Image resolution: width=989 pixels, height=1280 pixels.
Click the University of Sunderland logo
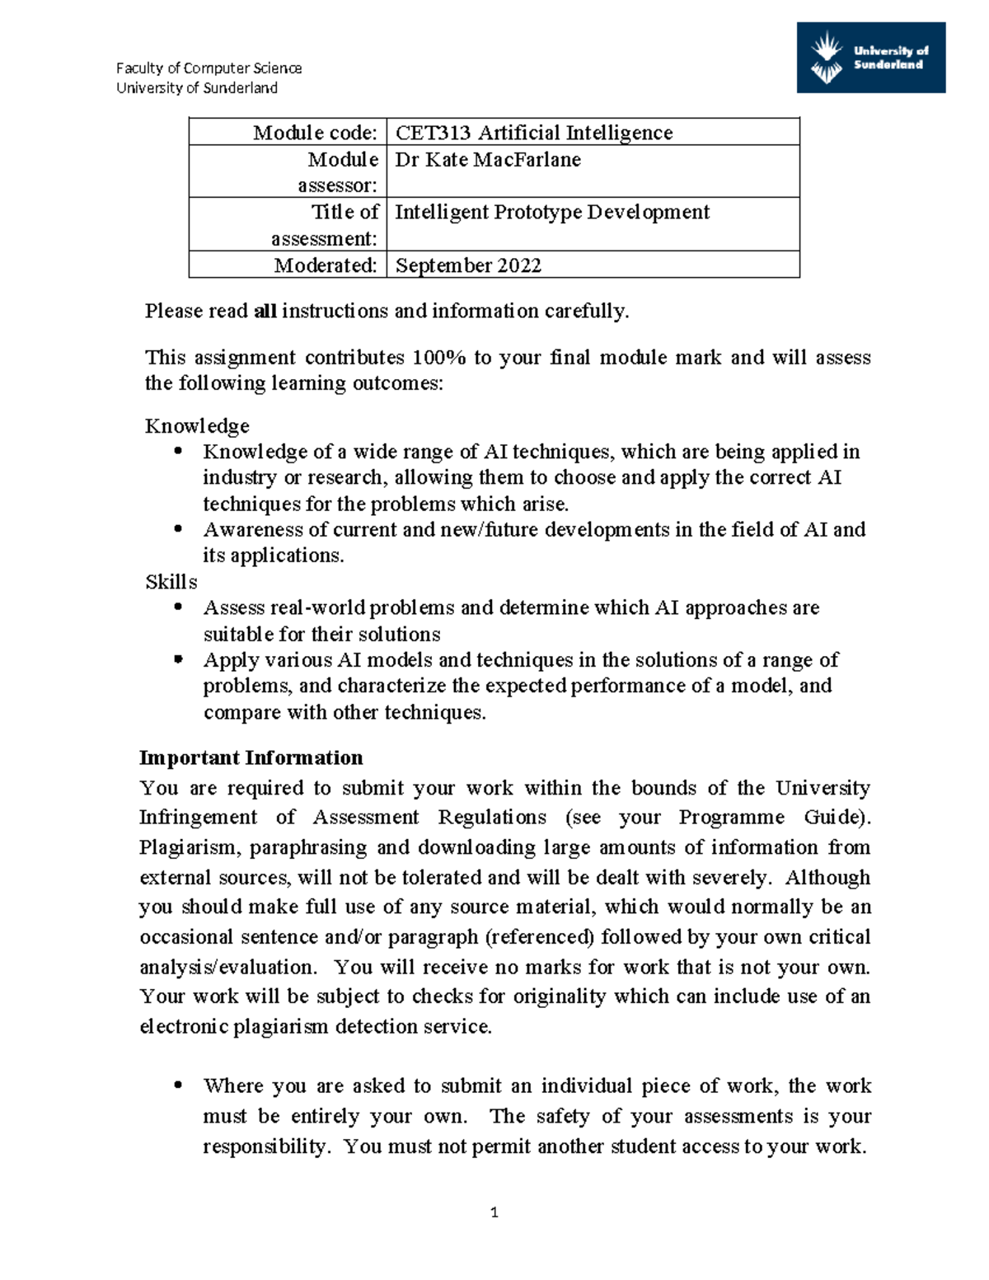(x=870, y=58)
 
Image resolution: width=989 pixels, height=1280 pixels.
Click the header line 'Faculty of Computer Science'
(x=209, y=68)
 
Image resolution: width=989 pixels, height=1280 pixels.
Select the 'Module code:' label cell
(x=288, y=133)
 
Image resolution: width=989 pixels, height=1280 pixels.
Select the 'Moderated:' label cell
(x=288, y=265)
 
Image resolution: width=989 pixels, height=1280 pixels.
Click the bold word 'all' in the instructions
(x=265, y=312)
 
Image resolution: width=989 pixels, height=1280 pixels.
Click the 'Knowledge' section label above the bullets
(x=197, y=426)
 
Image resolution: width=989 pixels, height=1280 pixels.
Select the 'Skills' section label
(x=171, y=582)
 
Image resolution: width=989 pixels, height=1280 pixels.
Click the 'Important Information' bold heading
(x=251, y=757)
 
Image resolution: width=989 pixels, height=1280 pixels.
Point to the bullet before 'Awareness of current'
(x=178, y=529)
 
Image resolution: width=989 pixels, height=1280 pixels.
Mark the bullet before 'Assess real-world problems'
(x=178, y=607)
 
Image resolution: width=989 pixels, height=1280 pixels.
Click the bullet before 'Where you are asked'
(x=178, y=1085)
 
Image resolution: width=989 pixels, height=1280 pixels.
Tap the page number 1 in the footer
(x=494, y=1212)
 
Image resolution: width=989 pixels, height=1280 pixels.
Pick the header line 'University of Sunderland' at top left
(x=197, y=88)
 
